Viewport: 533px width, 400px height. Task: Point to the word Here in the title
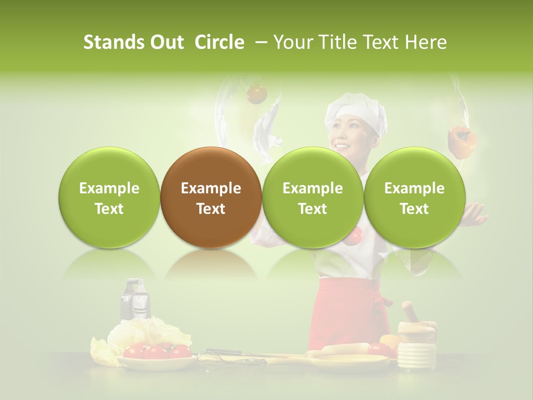pyautogui.click(x=426, y=42)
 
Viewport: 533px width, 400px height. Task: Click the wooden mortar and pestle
pyautogui.click(x=415, y=339)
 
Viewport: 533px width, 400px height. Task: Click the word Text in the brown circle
pyautogui.click(x=211, y=209)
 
